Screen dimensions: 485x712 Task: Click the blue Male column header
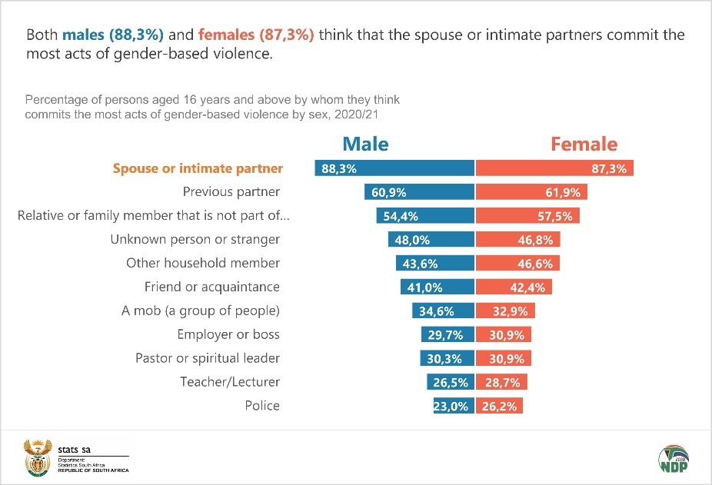[365, 145]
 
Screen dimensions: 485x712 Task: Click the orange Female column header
[584, 145]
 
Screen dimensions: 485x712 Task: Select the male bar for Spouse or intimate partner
[394, 168]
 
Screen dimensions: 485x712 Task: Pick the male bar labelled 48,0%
[431, 239]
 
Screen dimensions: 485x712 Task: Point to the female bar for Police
[499, 406]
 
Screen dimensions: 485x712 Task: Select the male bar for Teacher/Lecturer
[451, 382]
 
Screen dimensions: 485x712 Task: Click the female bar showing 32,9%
[506, 311]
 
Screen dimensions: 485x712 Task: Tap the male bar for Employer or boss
[447, 334]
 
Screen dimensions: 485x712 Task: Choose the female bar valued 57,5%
[527, 216]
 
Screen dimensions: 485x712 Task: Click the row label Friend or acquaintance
[212, 287]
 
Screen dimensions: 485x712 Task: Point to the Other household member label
[203, 263]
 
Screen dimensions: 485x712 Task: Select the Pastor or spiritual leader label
[208, 358]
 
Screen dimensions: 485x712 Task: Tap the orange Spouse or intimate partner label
[198, 168]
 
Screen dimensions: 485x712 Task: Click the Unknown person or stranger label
[195, 239]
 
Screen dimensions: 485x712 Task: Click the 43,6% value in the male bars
[421, 263]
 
